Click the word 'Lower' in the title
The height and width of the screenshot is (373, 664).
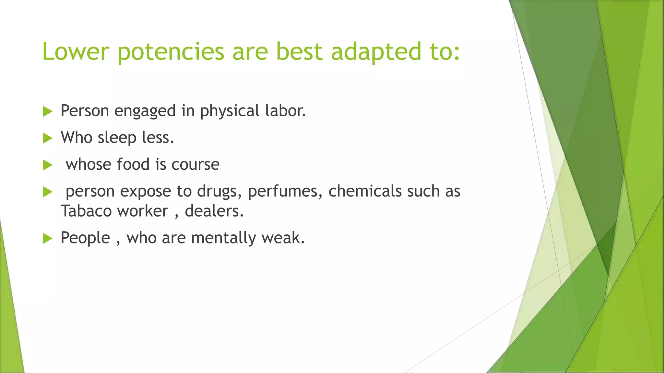point(75,52)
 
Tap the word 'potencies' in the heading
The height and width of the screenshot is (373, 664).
point(171,52)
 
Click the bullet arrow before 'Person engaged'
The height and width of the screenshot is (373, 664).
point(47,112)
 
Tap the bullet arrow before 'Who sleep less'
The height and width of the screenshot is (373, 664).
point(47,139)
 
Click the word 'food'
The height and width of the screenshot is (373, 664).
point(133,164)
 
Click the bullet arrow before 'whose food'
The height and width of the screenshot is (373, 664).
point(47,165)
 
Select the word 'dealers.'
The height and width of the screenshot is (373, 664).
point(214,211)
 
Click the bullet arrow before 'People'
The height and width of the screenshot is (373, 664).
point(47,239)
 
